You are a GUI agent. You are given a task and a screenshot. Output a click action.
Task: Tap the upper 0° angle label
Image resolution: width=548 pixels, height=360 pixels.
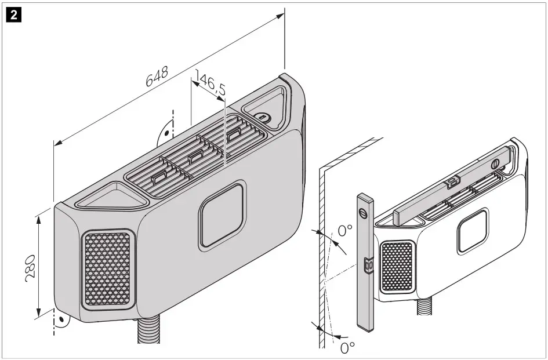pos(345,231)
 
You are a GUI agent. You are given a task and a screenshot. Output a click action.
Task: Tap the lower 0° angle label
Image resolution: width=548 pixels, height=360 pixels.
pos(347,347)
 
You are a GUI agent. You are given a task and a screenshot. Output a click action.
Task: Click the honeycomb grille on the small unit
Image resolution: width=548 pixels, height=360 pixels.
pos(397,267)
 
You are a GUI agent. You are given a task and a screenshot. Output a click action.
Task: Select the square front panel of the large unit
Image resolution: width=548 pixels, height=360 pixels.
pos(222,215)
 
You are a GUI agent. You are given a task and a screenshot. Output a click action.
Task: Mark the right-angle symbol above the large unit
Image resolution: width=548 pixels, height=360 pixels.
pos(164,130)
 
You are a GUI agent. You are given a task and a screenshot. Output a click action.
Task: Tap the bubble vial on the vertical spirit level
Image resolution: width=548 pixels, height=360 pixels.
pos(366,264)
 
